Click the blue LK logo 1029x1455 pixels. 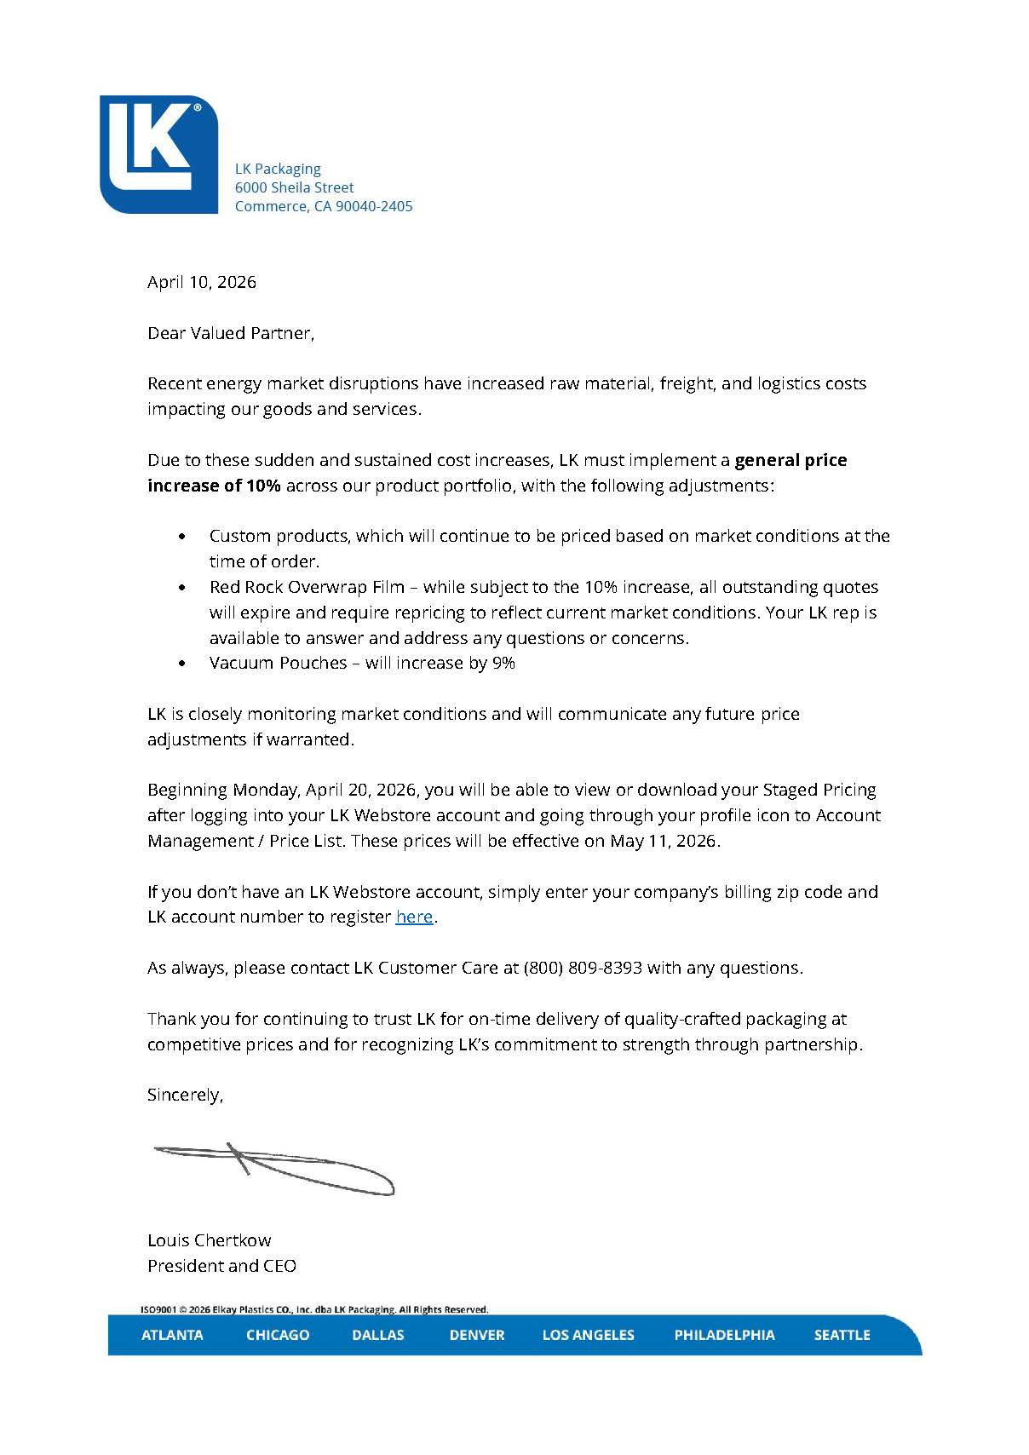point(158,154)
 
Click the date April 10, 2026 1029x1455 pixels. point(201,282)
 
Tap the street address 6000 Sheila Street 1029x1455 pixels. point(294,187)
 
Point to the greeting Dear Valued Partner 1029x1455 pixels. point(230,333)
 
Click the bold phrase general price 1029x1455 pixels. point(790,460)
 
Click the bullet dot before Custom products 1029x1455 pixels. point(182,537)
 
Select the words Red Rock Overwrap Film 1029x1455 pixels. point(307,587)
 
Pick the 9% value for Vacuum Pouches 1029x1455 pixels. point(503,663)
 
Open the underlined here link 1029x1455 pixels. point(414,917)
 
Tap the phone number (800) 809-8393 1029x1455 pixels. point(583,968)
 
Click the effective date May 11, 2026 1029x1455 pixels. point(664,841)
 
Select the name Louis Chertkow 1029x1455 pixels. point(209,1240)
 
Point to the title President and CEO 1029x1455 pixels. point(221,1266)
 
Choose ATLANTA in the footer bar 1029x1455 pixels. point(172,1335)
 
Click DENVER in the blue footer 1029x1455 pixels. point(477,1335)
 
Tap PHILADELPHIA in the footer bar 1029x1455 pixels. point(724,1335)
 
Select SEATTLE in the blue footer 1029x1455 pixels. point(842,1335)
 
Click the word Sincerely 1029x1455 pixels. point(185,1095)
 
